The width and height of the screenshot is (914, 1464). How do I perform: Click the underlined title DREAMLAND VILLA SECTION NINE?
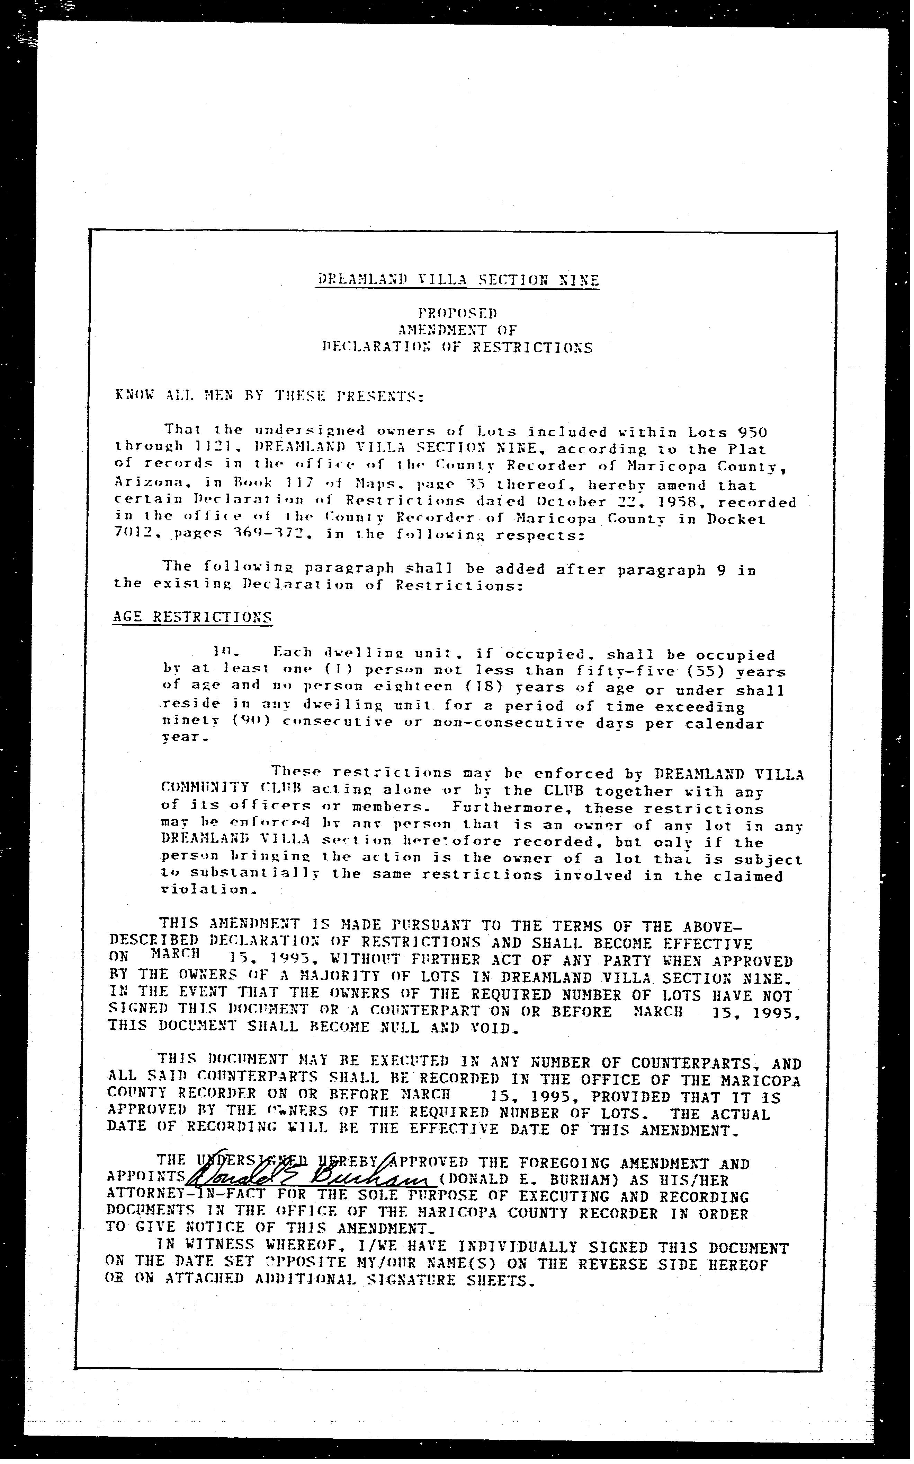[458, 280]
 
